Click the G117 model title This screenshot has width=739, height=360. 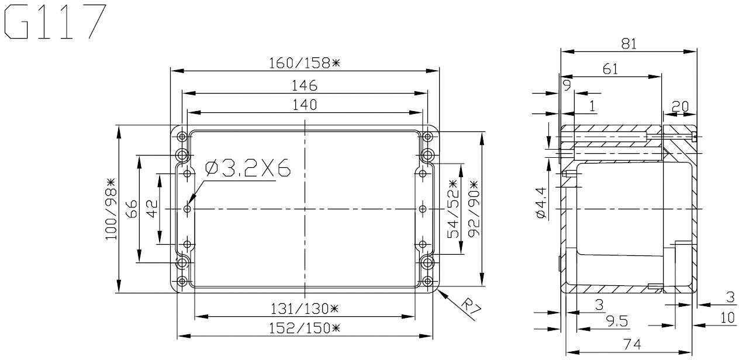click(56, 22)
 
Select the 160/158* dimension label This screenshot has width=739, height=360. click(304, 63)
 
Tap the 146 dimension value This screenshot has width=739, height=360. click(304, 85)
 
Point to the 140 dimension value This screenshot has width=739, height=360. click(304, 105)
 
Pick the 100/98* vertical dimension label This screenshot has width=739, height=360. click(110, 209)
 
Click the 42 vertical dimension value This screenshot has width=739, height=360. click(151, 209)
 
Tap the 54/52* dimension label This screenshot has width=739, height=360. click(453, 209)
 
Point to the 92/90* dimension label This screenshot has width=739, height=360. click(472, 209)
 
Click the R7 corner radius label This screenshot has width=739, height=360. click(468, 308)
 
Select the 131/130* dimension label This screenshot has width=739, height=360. click(304, 308)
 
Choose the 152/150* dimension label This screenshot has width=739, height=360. click(304, 327)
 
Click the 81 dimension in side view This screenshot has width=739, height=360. click(629, 44)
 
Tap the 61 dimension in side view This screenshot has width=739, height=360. click(610, 69)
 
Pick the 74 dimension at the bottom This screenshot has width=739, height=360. click(629, 345)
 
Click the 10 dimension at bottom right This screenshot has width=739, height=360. click(727, 318)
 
